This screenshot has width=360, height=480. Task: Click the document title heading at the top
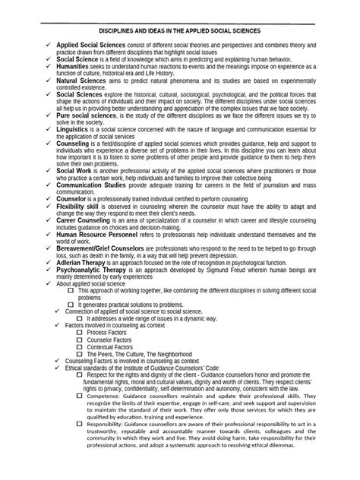[x=180, y=31]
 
